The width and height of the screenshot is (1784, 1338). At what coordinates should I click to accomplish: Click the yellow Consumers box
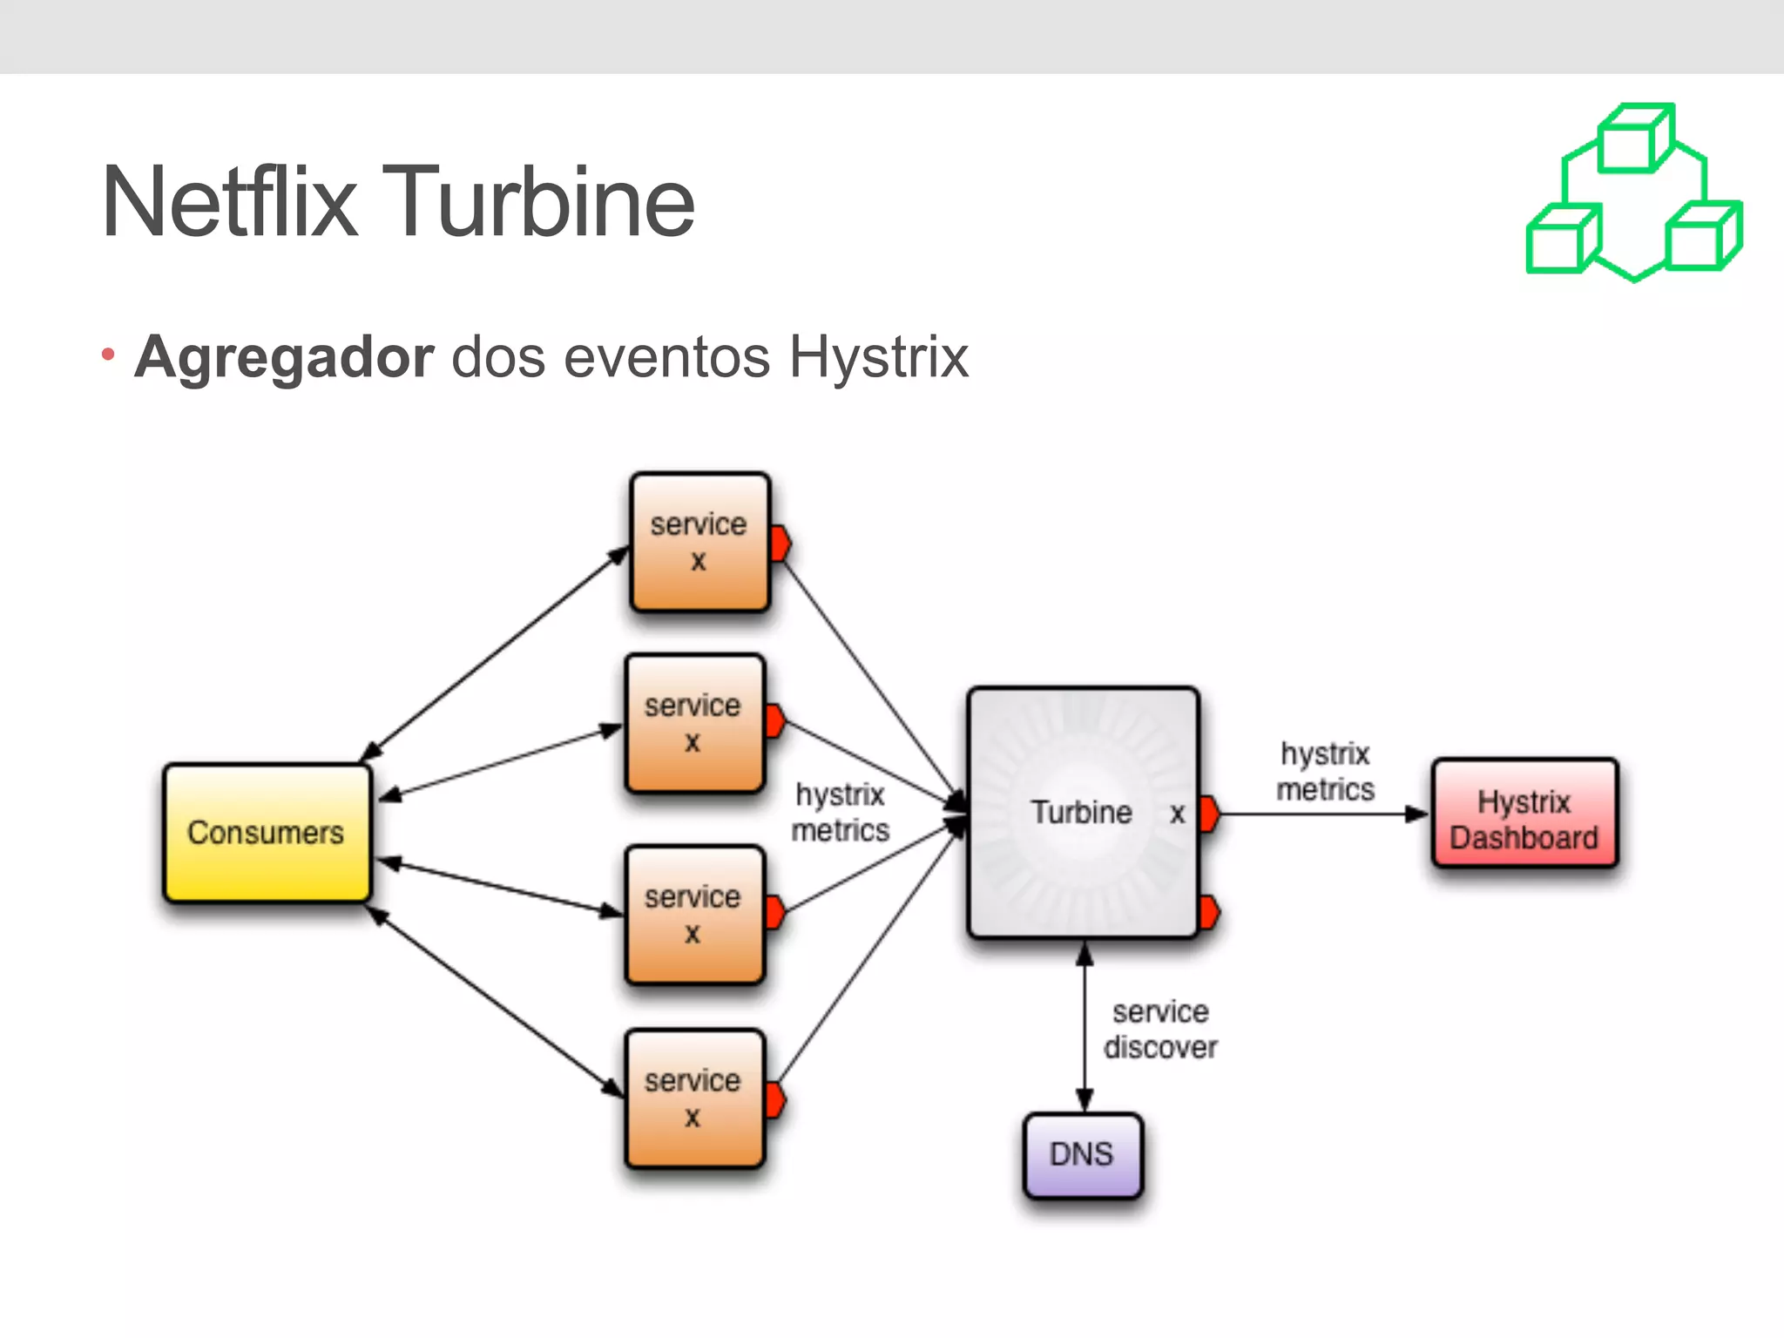click(x=267, y=833)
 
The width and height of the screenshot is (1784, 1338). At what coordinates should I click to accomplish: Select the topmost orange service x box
click(x=699, y=542)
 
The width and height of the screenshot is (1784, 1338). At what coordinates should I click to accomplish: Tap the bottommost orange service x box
click(x=694, y=1098)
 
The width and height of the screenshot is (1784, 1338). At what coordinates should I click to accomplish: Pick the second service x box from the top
click(x=694, y=723)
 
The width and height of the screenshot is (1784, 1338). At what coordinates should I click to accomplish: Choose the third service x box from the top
click(x=694, y=914)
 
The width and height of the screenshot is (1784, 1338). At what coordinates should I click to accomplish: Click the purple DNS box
click(x=1082, y=1154)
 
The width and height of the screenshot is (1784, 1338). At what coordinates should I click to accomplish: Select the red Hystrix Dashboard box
click(x=1524, y=814)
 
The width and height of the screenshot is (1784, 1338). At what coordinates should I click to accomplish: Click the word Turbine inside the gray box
click(x=1081, y=812)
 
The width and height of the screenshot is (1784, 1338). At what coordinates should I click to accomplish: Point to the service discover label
click(x=1160, y=1029)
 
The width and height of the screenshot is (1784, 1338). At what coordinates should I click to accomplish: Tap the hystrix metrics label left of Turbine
click(x=840, y=812)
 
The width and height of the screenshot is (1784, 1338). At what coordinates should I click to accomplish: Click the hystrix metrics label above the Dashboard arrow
click(x=1325, y=771)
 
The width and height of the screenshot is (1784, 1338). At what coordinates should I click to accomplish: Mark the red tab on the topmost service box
click(x=780, y=543)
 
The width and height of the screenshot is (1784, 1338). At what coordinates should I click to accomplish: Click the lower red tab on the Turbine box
click(x=1209, y=912)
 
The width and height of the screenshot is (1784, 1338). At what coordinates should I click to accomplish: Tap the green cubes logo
click(x=1633, y=193)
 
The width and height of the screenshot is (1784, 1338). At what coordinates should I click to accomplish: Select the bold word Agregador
click(x=284, y=357)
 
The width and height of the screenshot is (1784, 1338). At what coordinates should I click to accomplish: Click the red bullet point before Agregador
click(x=108, y=355)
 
